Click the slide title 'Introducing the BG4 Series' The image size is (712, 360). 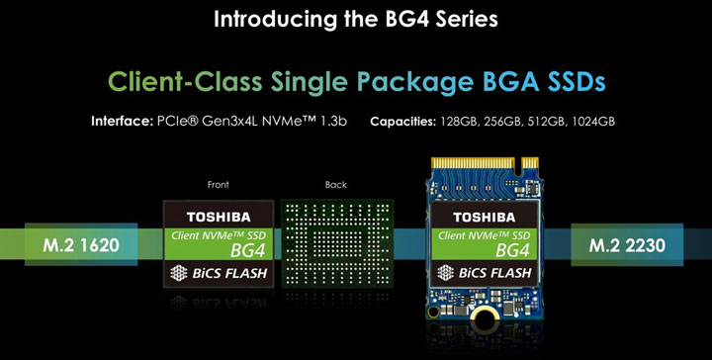[356, 18]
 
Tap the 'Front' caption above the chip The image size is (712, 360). [219, 185]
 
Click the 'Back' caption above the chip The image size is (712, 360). [336, 185]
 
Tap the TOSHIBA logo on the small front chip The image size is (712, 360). [220, 215]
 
